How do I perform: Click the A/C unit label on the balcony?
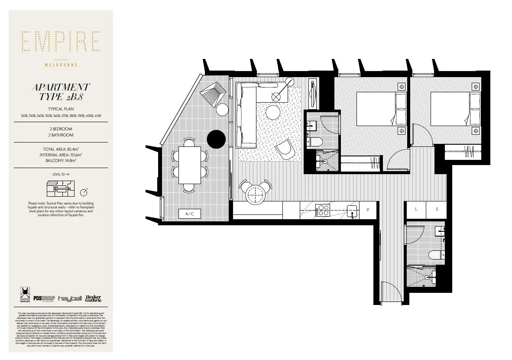point(189,214)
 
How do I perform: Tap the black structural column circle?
point(216,139)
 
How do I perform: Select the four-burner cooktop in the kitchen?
point(323,211)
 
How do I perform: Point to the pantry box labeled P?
point(368,210)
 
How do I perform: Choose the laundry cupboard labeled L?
point(416,209)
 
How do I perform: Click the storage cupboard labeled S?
point(437,209)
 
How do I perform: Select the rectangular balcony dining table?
point(190,165)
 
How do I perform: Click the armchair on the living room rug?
point(285,150)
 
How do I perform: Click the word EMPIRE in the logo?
point(61,42)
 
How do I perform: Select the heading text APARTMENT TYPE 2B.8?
point(61,92)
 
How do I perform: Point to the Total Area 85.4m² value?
point(61,149)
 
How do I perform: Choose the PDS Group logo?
point(43,298)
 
